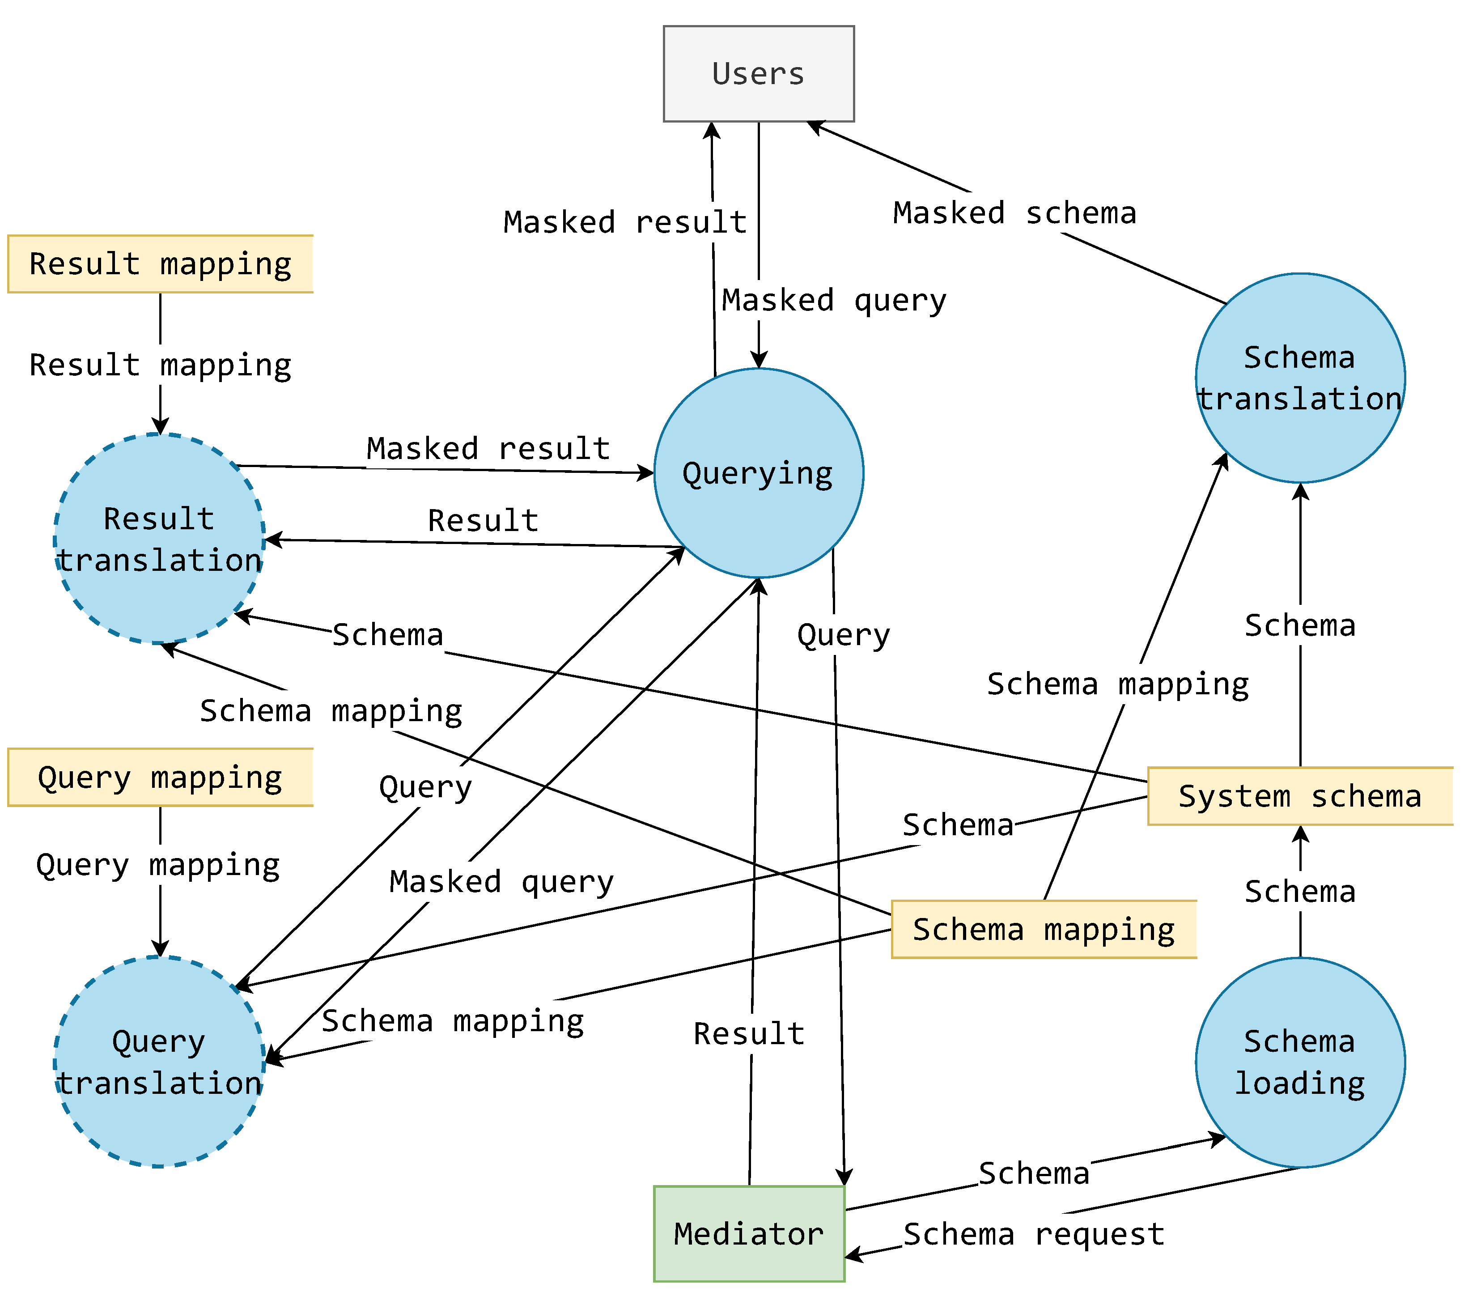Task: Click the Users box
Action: tap(759, 74)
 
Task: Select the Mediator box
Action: tap(749, 1233)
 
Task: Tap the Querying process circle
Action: tap(759, 473)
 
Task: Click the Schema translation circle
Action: tap(1300, 378)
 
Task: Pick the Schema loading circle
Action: tap(1300, 1062)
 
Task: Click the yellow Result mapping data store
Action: tap(161, 263)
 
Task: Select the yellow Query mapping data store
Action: tap(161, 777)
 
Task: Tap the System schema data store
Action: tap(1300, 796)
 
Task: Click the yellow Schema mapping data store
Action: tap(1044, 929)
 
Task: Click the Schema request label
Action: tap(1034, 1234)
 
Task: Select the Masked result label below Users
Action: tap(625, 222)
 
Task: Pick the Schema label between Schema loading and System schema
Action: tap(1300, 892)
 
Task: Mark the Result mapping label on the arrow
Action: tap(161, 365)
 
